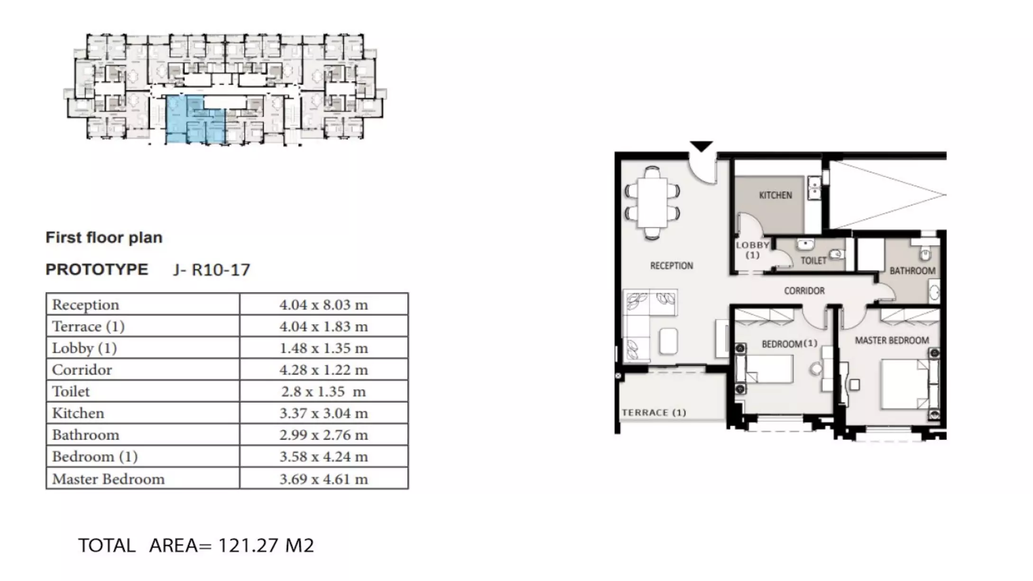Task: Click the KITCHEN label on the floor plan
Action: (775, 195)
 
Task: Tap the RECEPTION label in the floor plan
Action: (672, 266)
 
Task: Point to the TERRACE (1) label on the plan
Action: (654, 412)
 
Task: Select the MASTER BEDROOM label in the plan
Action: (892, 340)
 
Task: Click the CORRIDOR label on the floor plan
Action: (804, 290)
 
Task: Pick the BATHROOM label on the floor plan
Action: (913, 271)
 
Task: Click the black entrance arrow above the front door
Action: (701, 146)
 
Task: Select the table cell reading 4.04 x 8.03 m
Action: (323, 305)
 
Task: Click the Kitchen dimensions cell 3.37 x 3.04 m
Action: (323, 413)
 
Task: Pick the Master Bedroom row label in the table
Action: (108, 479)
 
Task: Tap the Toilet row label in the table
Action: (71, 391)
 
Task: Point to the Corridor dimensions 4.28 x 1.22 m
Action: (323, 370)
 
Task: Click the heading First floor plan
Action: (104, 237)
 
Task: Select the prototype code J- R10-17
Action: (212, 270)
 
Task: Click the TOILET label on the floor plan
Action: (813, 261)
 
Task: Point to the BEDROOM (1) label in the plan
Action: (790, 343)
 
